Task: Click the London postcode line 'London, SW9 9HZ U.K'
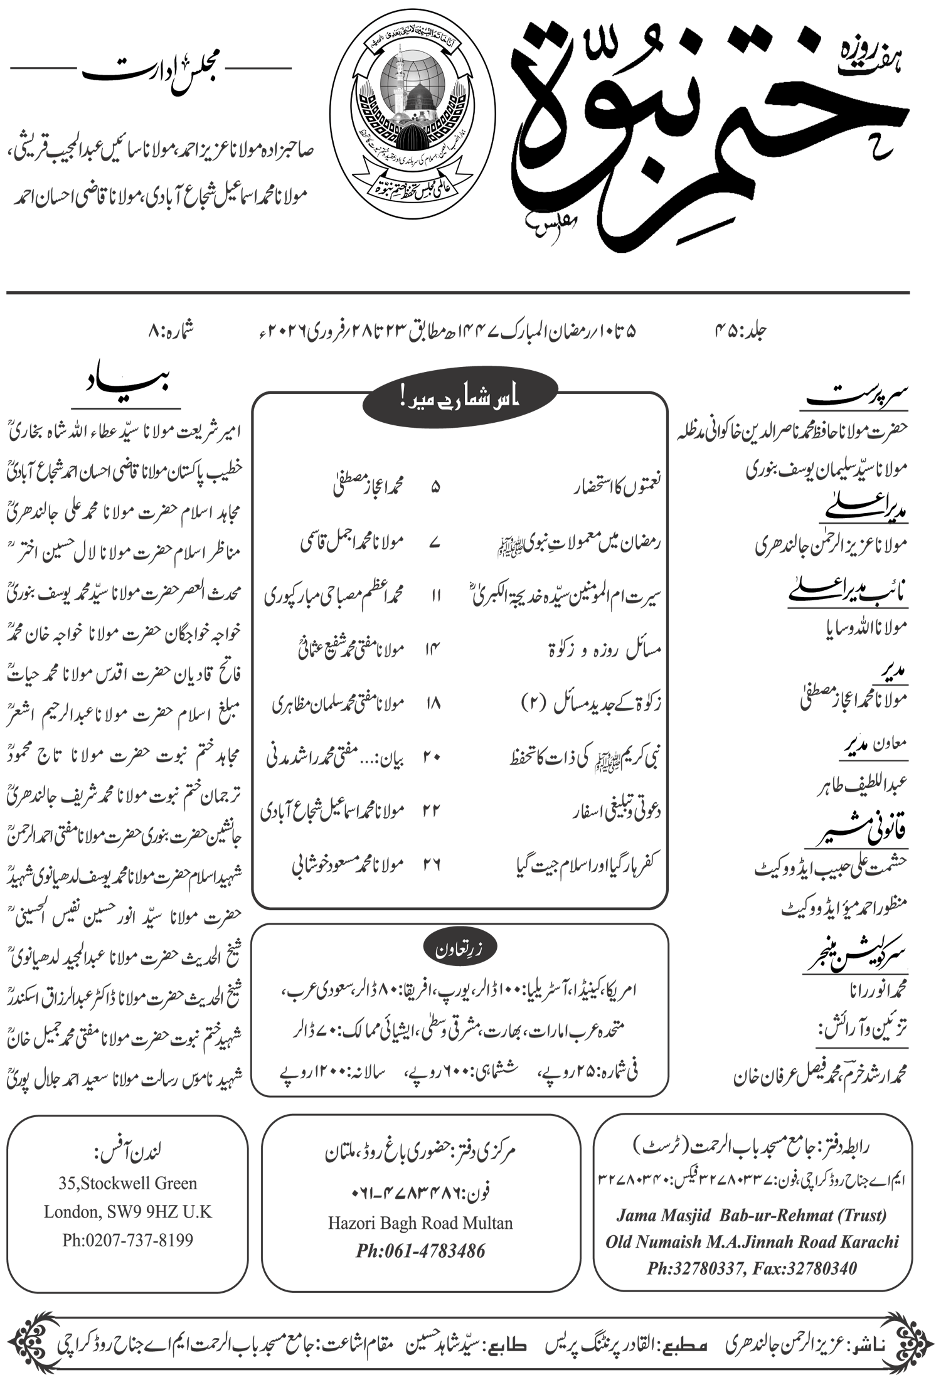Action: (x=127, y=1211)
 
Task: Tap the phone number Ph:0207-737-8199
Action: (x=127, y=1240)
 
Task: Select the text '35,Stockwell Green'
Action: (x=128, y=1183)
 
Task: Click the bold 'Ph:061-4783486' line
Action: (x=420, y=1251)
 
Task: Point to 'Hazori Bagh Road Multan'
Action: (x=420, y=1223)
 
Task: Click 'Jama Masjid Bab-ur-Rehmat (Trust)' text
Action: (x=752, y=1215)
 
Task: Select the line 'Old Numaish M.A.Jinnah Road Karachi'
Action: (x=752, y=1242)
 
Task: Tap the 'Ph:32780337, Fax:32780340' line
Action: (x=752, y=1268)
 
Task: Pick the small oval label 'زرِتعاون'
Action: (x=460, y=949)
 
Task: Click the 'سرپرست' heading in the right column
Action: (x=858, y=397)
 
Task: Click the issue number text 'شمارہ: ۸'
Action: (x=169, y=330)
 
